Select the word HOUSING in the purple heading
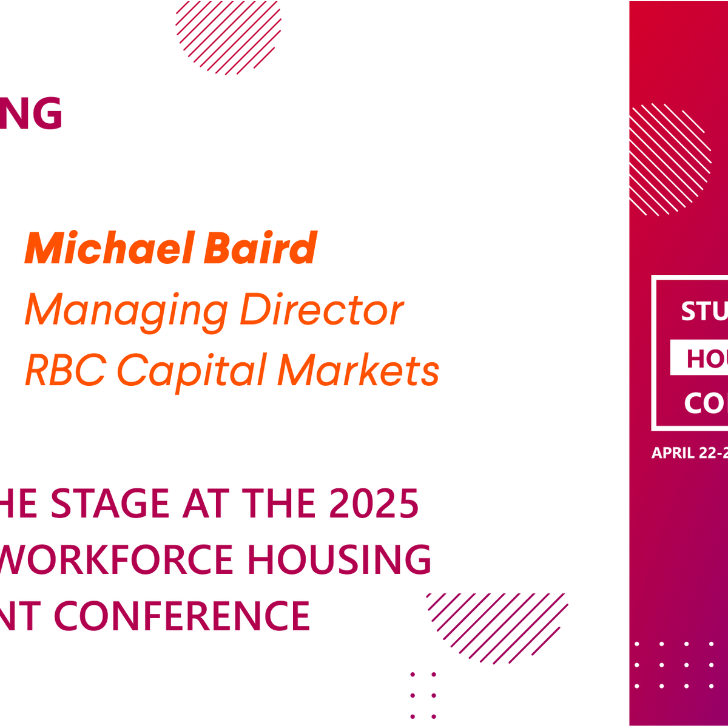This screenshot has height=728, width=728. click(x=339, y=559)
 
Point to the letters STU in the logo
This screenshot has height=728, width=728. click(x=704, y=311)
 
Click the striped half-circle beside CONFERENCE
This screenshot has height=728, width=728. click(x=497, y=625)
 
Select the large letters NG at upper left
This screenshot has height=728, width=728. click(x=30, y=114)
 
